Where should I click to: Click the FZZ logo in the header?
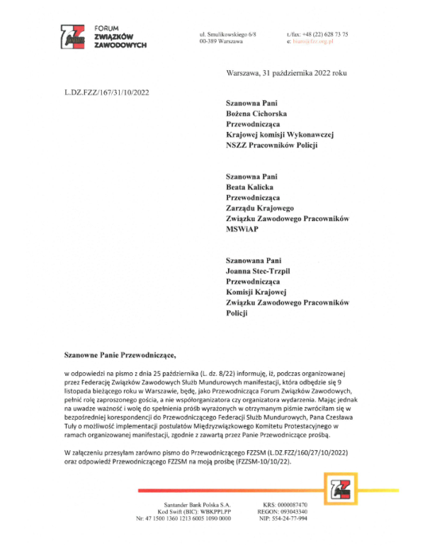(73, 36)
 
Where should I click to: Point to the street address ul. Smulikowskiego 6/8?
(228, 34)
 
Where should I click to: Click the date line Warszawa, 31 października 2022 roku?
(286, 73)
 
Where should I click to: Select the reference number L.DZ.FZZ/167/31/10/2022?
(106, 92)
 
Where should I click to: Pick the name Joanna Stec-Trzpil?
(261, 271)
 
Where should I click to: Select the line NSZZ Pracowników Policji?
(271, 145)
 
